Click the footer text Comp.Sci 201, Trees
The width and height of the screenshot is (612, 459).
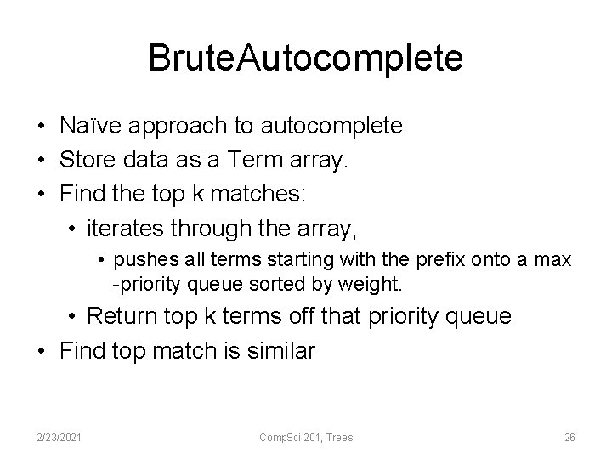coord(306,437)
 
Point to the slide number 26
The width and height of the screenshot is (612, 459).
coord(570,437)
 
